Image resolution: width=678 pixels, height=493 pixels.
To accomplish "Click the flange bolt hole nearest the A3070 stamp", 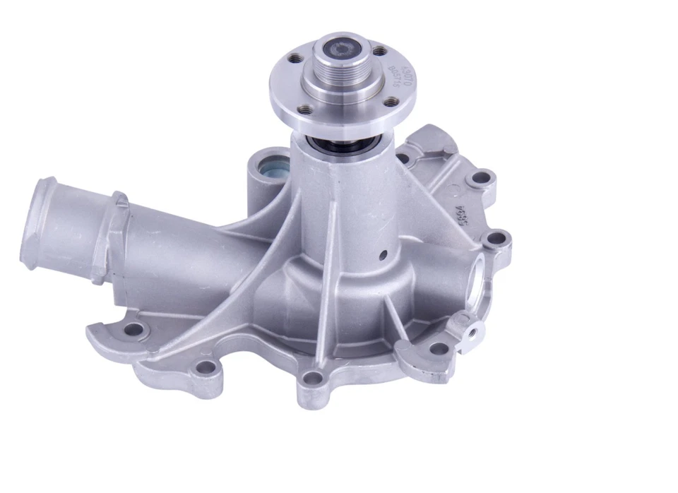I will coord(380,51).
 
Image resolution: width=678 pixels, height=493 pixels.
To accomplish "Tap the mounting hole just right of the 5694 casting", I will coord(499,239).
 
